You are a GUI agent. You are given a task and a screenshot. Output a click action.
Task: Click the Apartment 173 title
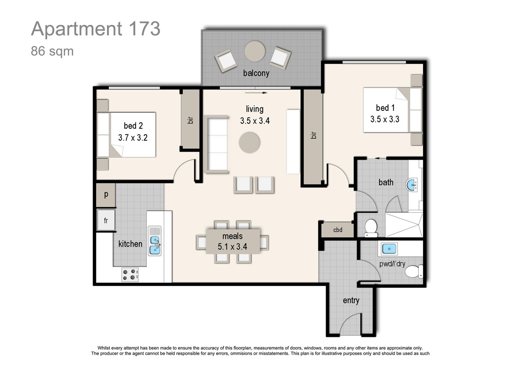[x=95, y=29]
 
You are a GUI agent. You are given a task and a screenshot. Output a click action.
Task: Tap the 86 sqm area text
[x=52, y=51]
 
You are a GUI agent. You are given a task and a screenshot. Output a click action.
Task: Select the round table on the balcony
[x=255, y=51]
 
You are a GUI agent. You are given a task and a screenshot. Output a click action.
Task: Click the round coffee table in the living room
[x=249, y=143]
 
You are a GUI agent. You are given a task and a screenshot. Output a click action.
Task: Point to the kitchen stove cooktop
[x=130, y=275]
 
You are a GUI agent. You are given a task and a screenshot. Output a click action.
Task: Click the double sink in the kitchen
[x=155, y=241]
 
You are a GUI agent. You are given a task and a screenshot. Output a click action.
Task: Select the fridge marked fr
[x=106, y=221]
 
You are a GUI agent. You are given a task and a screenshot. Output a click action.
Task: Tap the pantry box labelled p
[x=106, y=195]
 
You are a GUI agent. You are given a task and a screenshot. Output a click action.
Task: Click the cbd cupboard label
[x=338, y=230]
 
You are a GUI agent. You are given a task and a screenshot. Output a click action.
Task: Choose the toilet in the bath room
[x=371, y=228]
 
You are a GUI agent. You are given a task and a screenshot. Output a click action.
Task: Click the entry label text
[x=351, y=300]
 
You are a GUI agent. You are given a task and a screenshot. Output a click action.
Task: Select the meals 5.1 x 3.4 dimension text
[x=232, y=247]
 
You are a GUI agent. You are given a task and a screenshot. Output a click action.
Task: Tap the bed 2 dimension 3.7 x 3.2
[x=133, y=138]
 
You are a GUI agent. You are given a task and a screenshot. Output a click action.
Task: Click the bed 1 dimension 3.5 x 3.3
[x=385, y=119]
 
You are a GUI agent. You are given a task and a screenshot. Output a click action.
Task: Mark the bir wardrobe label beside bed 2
[x=190, y=120]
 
